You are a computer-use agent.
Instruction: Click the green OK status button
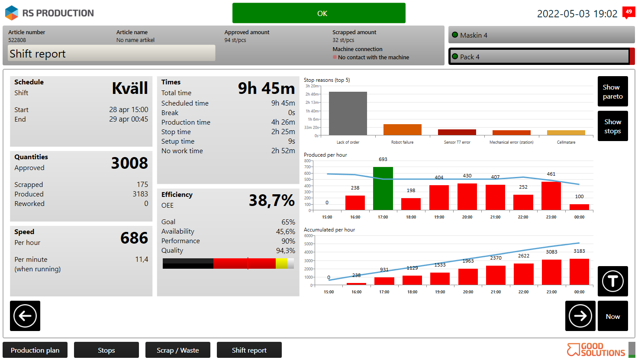click(319, 13)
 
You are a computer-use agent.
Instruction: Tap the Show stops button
click(612, 126)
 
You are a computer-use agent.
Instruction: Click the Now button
click(612, 316)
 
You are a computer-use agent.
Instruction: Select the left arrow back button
click(25, 316)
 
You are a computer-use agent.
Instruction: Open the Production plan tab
click(35, 350)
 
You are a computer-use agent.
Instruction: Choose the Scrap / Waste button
click(177, 350)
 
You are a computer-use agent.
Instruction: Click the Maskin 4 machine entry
click(541, 35)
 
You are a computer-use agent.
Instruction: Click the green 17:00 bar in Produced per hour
click(383, 189)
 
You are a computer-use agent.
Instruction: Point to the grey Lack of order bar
click(348, 113)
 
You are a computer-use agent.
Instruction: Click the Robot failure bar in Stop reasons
click(402, 129)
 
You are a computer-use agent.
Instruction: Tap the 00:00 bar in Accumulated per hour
click(579, 272)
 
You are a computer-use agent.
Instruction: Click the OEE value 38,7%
click(271, 200)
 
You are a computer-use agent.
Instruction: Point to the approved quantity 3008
click(129, 163)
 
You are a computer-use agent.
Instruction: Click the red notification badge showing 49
click(628, 12)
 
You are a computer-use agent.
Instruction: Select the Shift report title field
click(112, 53)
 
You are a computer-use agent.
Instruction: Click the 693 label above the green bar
click(383, 159)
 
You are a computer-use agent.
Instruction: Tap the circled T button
click(612, 281)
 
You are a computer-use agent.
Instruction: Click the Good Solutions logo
click(596, 350)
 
